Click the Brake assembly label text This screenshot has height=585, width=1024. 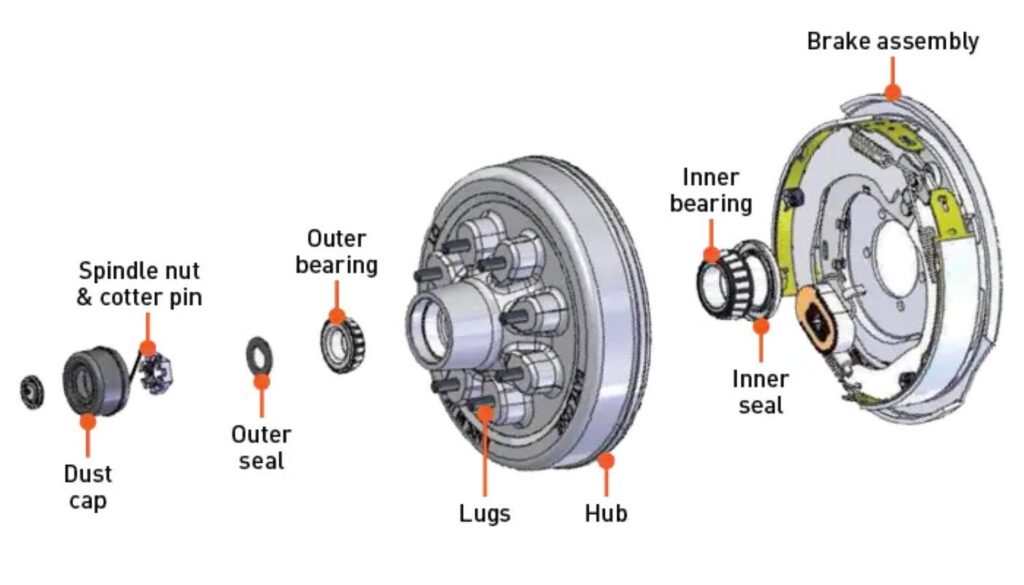tap(892, 42)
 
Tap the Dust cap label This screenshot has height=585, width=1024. tap(88, 486)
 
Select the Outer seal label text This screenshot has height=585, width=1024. tap(261, 447)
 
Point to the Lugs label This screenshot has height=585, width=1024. tap(485, 513)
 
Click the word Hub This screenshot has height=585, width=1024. tap(606, 513)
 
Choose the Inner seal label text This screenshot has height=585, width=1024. tap(760, 392)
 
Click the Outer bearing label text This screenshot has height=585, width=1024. tap(336, 251)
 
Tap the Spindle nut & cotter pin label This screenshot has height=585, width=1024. tap(140, 283)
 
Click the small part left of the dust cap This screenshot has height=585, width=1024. tap(32, 390)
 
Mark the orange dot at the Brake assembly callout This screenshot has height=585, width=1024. tap(893, 92)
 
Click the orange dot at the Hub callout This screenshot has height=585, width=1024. tap(606, 460)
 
